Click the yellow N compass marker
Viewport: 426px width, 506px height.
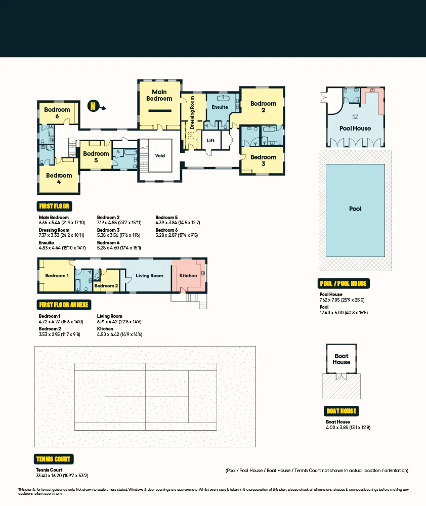coord(93,106)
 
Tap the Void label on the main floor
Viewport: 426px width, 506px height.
coord(160,156)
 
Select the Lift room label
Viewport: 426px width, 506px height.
coord(210,141)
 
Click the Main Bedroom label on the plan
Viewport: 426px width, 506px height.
coord(159,95)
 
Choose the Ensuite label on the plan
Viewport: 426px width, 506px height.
coord(220,107)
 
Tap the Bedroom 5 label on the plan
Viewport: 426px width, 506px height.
coord(96,157)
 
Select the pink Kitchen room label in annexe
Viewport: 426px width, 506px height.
coord(188,276)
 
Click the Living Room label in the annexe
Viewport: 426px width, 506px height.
coord(150,276)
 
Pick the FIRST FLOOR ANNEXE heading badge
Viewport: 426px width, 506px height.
coord(64,305)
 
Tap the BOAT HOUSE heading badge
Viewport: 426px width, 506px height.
coord(342,411)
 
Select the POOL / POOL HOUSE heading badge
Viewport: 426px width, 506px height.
coord(344,283)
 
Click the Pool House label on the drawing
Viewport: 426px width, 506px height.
coord(355,129)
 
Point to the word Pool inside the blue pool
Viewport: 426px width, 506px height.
coord(355,209)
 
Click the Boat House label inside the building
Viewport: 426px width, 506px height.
coord(341,359)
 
